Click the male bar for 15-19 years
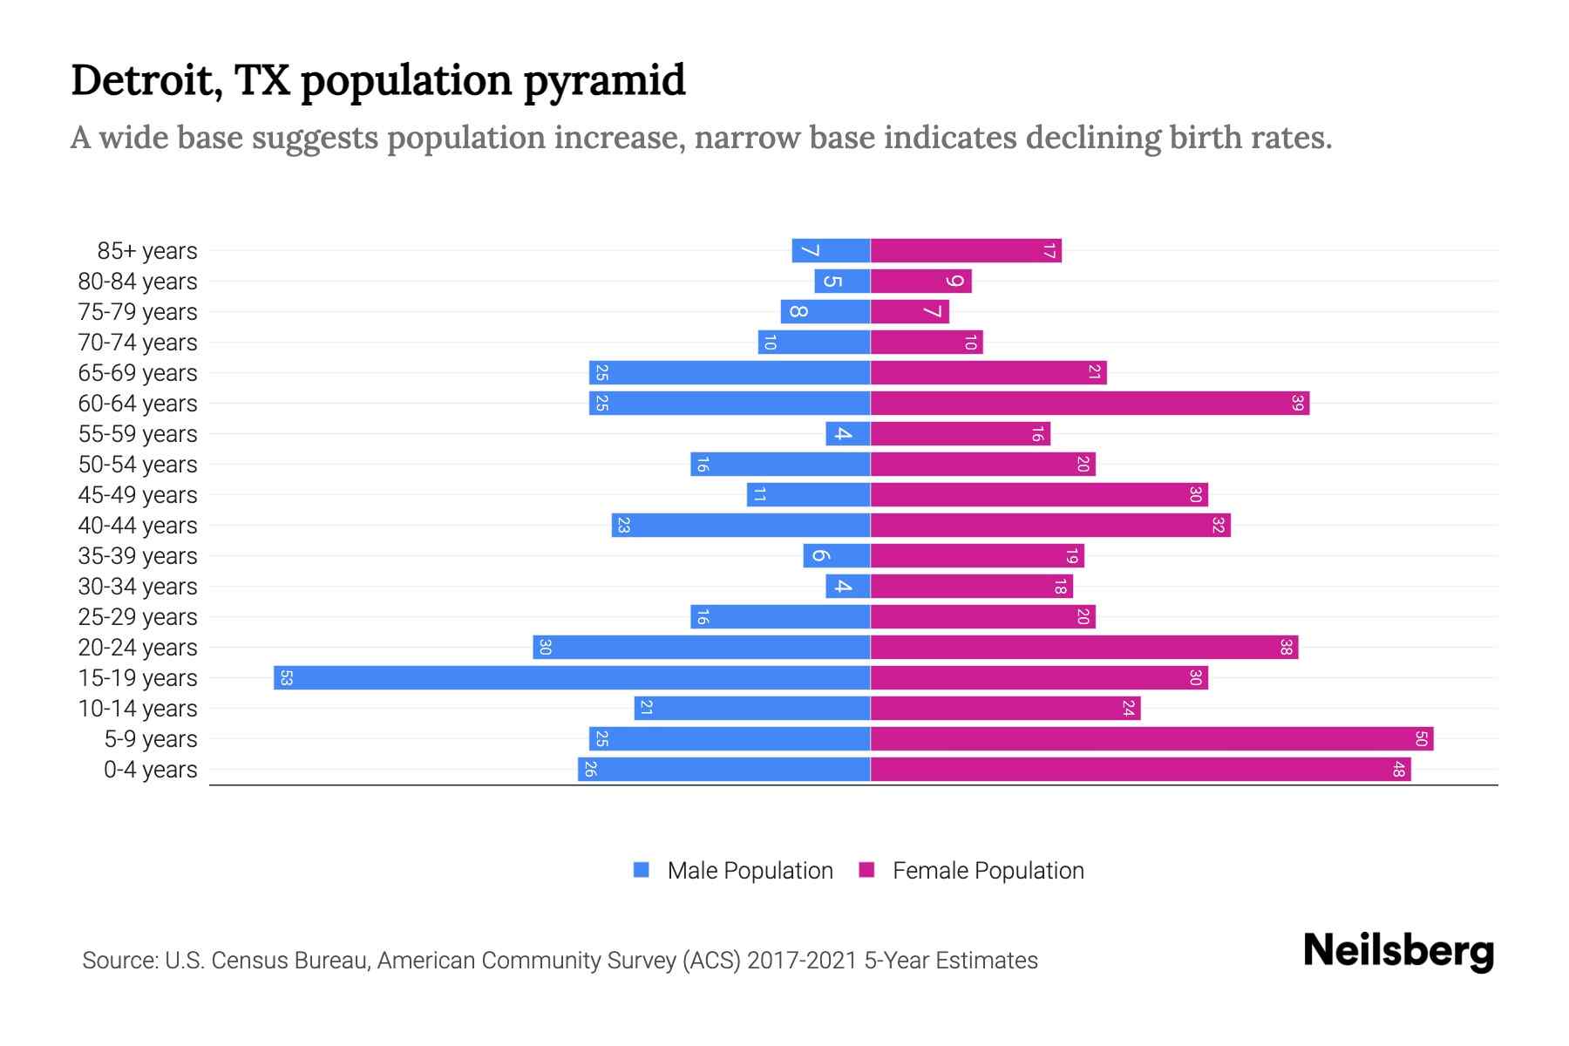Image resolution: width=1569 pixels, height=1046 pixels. click(x=572, y=677)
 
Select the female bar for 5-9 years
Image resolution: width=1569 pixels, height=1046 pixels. click(x=1151, y=738)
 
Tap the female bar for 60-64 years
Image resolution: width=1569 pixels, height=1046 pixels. click(x=1090, y=403)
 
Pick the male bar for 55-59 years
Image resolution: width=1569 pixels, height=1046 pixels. click(x=848, y=433)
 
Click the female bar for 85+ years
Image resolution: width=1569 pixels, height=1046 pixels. click(x=966, y=251)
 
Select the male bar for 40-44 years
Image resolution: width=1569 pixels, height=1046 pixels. click(x=741, y=525)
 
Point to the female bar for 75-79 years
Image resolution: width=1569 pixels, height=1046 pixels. click(x=910, y=311)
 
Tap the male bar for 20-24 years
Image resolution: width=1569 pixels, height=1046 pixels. click(x=702, y=647)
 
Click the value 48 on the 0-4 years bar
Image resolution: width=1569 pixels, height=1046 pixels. click(x=1398, y=769)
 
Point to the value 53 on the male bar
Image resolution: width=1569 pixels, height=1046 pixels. click(x=286, y=677)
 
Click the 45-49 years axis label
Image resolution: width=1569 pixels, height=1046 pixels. click(x=138, y=494)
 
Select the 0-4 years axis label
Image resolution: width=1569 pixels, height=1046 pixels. click(x=150, y=769)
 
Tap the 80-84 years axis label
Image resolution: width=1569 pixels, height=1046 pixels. click(x=138, y=281)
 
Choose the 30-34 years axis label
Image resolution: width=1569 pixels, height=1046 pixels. click(x=138, y=586)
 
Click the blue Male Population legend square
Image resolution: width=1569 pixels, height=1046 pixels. click(x=642, y=870)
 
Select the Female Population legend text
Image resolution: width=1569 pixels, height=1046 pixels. click(x=988, y=870)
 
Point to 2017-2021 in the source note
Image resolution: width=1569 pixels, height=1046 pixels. click(x=802, y=960)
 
